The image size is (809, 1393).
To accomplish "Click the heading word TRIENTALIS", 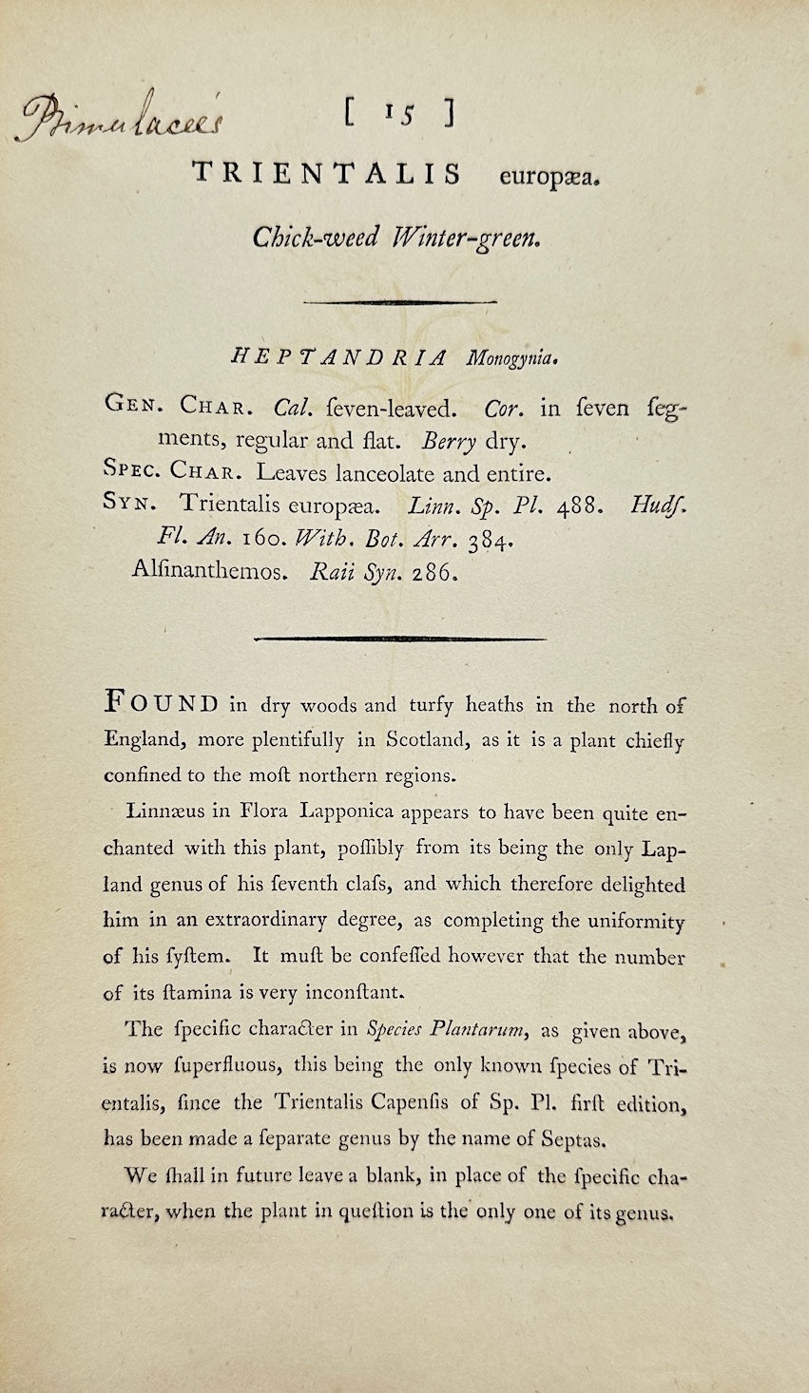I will [327, 174].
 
